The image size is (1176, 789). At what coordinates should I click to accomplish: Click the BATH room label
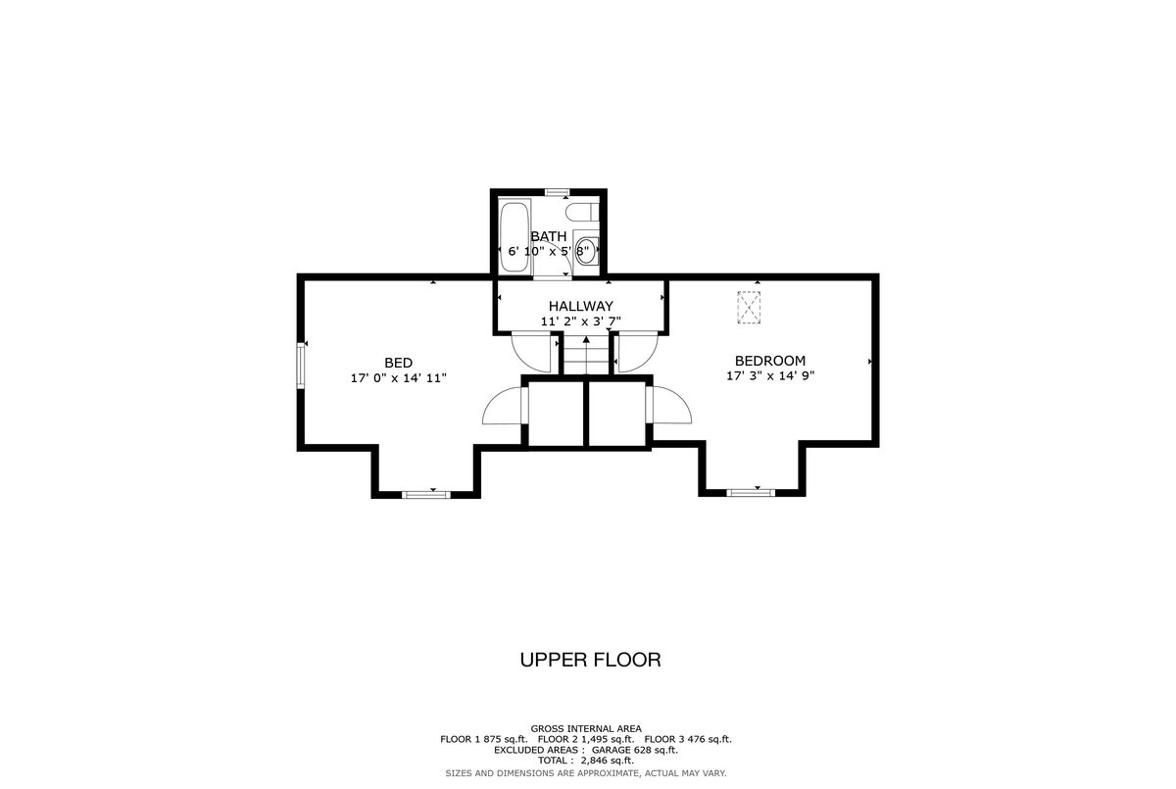coord(549,236)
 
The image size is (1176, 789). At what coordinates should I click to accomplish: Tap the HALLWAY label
coord(580,306)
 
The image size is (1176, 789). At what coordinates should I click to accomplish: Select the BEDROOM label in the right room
coord(770,361)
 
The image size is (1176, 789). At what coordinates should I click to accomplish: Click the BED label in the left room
coord(399,363)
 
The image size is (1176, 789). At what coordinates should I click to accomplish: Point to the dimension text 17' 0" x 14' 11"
coord(399,378)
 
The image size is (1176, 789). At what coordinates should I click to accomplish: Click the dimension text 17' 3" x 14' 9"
coord(770,375)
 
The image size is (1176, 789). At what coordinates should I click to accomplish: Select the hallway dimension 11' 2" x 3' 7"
coord(580,321)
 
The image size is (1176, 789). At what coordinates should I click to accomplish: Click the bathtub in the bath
coord(515,237)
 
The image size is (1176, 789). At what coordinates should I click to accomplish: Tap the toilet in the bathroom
coord(582,212)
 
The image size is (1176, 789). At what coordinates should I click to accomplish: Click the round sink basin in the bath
coord(586,251)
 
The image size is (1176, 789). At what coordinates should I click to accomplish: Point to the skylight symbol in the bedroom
coord(749,307)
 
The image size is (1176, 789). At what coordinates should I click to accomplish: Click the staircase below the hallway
coord(586,355)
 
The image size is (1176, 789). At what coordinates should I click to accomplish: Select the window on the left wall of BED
coord(301,366)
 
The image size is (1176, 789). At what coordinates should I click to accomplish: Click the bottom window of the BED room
coord(426,495)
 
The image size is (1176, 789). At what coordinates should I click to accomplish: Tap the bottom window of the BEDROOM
coord(751,492)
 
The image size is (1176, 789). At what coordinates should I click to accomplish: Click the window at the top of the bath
coord(555,192)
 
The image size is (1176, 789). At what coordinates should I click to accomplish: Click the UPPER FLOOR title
coord(591,660)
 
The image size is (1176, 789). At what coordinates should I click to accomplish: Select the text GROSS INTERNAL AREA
coord(586,728)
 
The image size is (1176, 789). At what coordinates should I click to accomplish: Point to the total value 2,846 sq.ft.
coord(608,761)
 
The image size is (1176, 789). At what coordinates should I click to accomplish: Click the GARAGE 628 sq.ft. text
coord(635,750)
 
